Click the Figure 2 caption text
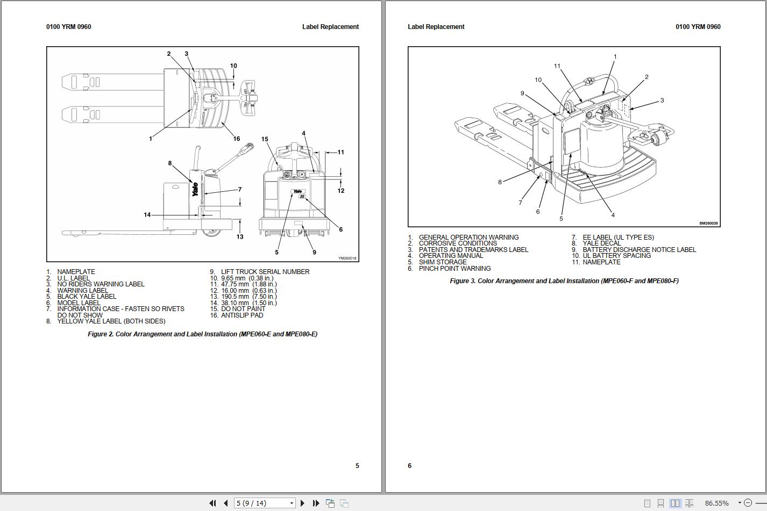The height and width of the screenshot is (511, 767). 202,334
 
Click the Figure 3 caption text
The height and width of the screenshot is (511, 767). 564,281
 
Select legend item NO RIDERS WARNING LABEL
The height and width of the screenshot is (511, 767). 101,284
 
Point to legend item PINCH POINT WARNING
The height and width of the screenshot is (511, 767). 454,269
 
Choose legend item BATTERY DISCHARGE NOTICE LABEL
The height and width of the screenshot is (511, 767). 639,250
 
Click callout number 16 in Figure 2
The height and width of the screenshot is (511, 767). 236,139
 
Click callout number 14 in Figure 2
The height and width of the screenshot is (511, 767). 147,215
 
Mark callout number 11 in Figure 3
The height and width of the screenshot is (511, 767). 557,66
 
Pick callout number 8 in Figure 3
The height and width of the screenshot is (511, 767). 500,182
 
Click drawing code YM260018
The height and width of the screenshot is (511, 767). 347,258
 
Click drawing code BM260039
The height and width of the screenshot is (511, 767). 708,224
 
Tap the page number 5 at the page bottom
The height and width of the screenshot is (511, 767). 357,466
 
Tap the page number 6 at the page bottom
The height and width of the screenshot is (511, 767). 409,466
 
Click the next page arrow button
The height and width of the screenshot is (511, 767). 302,503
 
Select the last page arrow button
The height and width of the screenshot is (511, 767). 316,503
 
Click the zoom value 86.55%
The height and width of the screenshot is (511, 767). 716,503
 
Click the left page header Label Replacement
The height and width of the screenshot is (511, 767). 330,27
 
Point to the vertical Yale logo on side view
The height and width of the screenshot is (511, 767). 195,189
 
